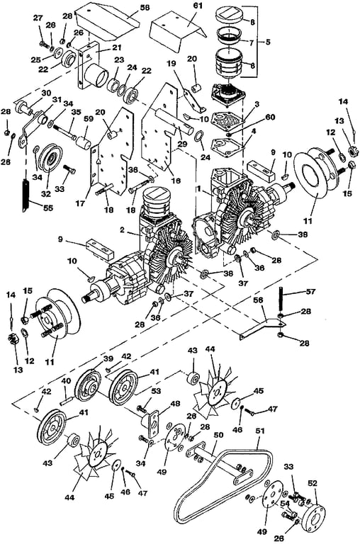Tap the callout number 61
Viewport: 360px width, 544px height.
click(199, 6)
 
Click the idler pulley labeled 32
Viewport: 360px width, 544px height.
click(50, 159)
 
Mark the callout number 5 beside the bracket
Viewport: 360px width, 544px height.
click(268, 42)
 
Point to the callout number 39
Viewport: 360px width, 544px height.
click(108, 358)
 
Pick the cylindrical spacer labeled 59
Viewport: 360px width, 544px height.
click(84, 143)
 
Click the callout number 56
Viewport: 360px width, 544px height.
click(257, 300)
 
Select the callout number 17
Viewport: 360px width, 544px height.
click(80, 203)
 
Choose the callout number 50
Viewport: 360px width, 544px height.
click(218, 435)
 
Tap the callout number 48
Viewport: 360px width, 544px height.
click(175, 404)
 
